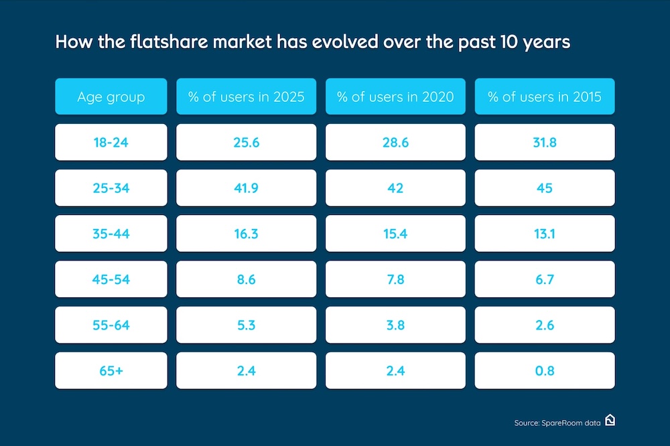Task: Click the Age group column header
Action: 111,96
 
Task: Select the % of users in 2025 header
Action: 246,96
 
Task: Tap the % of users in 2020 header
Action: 395,96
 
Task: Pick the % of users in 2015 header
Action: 545,96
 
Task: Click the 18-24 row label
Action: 111,142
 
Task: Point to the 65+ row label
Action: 111,370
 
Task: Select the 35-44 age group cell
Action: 111,234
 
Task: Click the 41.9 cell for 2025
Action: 246,188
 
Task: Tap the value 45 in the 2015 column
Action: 545,188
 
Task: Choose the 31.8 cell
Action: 545,142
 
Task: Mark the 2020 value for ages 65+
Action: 395,370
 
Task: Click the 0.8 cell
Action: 545,370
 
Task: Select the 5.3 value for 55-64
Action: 246,325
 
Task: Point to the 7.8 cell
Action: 395,279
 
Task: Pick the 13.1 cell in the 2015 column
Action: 545,234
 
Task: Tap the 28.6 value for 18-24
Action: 395,142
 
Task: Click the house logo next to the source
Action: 610,420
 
